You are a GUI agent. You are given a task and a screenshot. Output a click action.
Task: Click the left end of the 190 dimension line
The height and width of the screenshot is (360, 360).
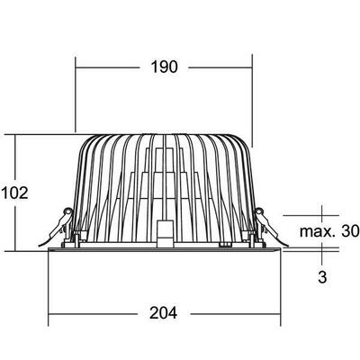point(75,67)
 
